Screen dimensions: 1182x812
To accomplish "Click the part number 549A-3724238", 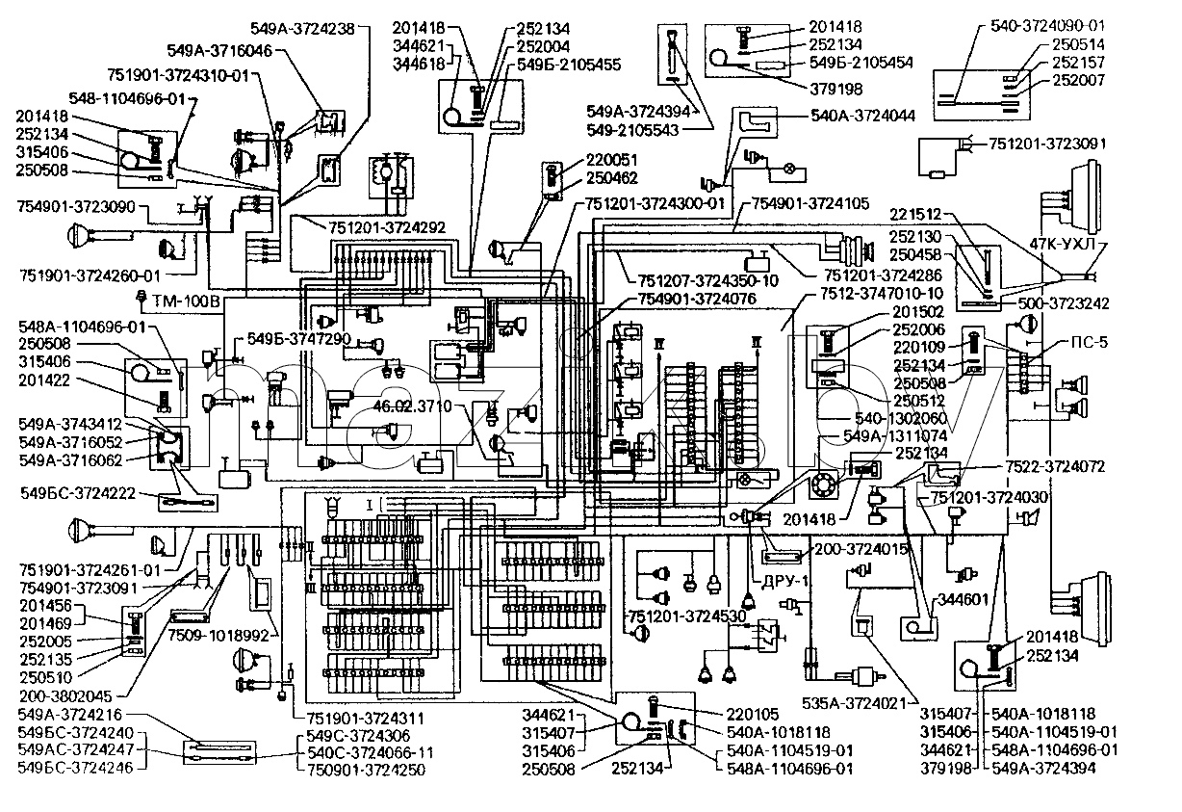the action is pos(302,28).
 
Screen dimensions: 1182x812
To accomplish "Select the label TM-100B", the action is pos(187,301).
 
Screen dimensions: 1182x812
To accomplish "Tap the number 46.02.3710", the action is pos(413,406).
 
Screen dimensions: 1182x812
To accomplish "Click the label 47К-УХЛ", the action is pos(1063,244).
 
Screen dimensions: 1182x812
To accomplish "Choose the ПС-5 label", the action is pos(1090,342).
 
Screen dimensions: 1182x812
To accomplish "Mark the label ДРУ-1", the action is pos(785,581).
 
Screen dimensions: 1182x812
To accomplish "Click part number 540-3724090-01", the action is pos(1047,26).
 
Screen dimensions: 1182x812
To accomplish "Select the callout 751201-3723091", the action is pos(1047,144).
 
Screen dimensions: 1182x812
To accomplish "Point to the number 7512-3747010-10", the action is pos(882,293).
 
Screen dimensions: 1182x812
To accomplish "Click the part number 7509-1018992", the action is pos(218,636).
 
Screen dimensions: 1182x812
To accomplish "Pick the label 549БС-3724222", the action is pos(78,493).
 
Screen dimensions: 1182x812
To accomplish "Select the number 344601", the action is pos(963,600).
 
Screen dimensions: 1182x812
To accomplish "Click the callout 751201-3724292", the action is pos(387,227).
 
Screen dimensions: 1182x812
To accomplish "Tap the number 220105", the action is pos(753,715).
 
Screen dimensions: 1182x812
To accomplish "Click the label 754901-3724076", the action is pos(697,299).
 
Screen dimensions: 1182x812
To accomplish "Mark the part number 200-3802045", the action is pos(65,695).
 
